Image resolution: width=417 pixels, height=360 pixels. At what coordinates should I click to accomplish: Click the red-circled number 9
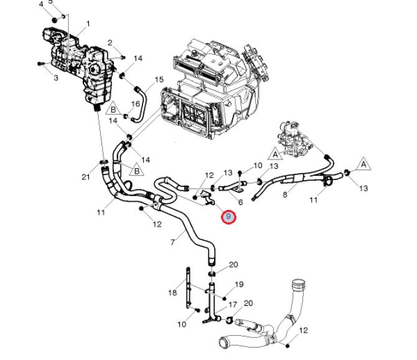229,217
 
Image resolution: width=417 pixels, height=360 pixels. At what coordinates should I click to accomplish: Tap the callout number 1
88,24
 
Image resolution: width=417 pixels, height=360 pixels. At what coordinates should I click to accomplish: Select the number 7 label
172,242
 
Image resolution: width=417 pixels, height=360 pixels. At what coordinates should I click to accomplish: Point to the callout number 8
285,195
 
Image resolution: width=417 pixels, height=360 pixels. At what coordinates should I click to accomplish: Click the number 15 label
159,80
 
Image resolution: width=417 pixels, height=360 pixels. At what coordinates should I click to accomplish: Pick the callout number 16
135,103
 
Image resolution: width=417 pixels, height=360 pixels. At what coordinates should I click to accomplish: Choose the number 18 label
172,292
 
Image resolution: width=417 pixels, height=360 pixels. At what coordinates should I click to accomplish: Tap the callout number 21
86,177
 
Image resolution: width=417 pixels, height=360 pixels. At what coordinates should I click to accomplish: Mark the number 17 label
233,305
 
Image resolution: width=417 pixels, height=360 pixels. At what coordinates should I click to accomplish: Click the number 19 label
239,285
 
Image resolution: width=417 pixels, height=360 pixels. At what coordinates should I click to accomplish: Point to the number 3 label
55,78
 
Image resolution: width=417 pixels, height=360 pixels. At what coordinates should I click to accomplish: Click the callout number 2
110,42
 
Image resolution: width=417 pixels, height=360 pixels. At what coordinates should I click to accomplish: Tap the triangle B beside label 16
113,110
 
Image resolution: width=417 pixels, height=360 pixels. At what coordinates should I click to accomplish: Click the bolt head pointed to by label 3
40,64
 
